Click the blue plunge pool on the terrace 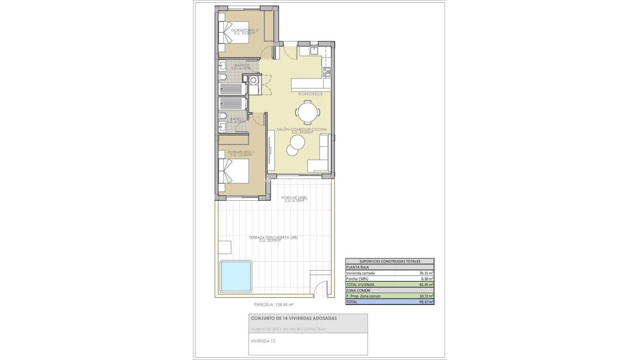point(236,276)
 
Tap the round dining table point(308,112)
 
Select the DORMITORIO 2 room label point(245,31)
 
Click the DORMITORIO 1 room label point(240,153)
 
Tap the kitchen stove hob point(327,72)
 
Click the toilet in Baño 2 point(223,77)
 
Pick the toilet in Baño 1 point(223,116)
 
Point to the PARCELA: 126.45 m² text point(274,304)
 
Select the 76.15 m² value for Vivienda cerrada point(426,273)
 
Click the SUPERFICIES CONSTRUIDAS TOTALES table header point(389,261)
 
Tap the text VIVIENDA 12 point(263,341)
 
